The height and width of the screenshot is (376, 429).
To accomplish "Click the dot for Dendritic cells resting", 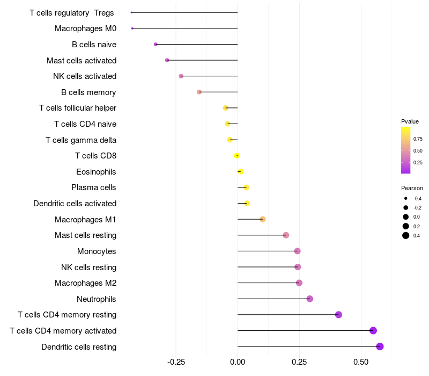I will (x=380, y=346).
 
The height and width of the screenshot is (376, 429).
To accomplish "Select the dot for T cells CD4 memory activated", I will (x=373, y=331).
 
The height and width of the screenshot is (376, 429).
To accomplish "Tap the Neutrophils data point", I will (x=309, y=299).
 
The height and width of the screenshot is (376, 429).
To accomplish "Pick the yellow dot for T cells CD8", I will (x=236, y=156).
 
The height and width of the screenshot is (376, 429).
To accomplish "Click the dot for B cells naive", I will (x=156, y=44).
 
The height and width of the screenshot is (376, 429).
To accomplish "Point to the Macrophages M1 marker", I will (x=262, y=219).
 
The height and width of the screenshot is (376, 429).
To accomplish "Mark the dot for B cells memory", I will (x=199, y=92).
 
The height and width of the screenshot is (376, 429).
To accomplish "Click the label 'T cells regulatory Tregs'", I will (x=71, y=12).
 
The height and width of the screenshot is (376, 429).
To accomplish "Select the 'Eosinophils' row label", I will (x=96, y=172).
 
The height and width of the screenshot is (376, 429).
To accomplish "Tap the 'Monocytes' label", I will (x=97, y=251).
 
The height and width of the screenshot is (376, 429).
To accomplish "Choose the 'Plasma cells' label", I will (x=94, y=187).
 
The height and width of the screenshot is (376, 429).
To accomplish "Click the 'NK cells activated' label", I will (x=85, y=76).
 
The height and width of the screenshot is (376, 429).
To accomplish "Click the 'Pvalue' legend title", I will (x=410, y=121).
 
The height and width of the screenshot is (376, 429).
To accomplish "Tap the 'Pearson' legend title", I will (x=412, y=188).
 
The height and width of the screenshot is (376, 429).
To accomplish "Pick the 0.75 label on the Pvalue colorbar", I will (x=418, y=139).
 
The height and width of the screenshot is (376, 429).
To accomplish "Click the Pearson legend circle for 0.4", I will (x=406, y=235).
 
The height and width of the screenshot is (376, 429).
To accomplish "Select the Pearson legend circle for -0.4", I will (x=406, y=198).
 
